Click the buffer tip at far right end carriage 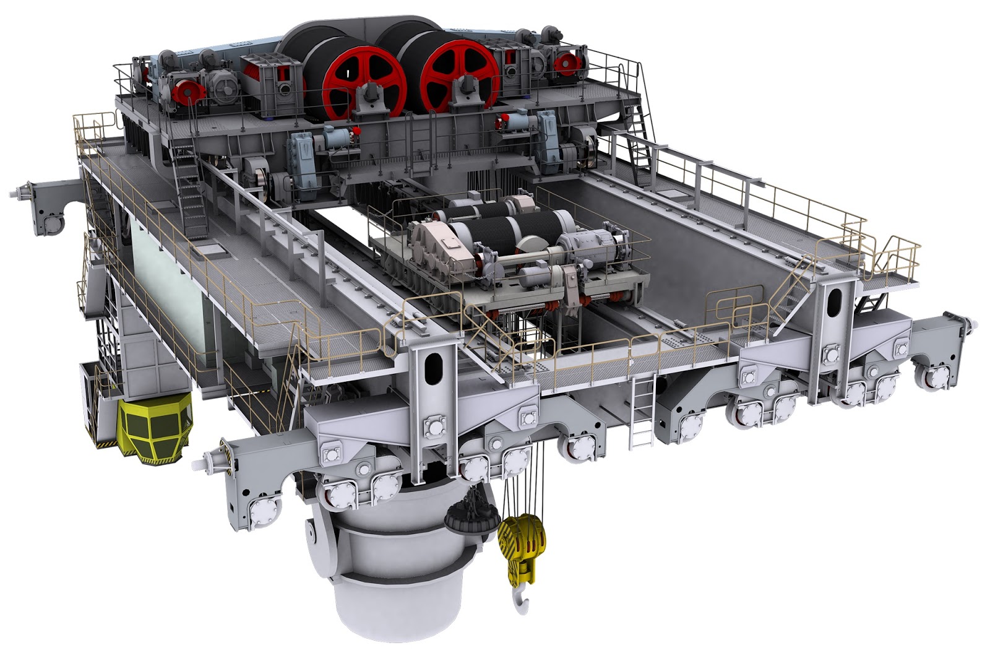973,322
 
